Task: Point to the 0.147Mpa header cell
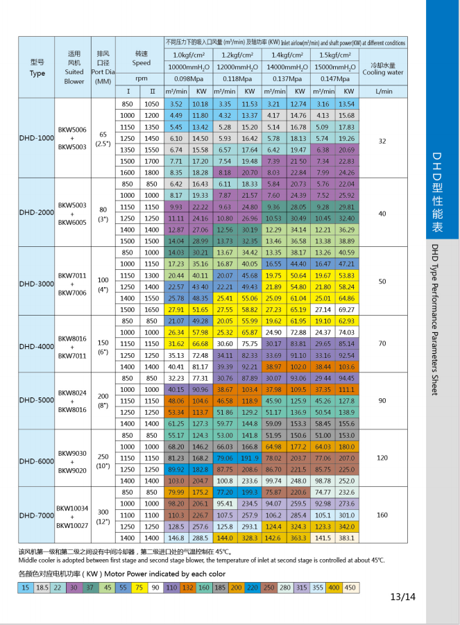click(x=337, y=78)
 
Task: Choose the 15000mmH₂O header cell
click(x=337, y=67)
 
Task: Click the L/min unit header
click(x=382, y=91)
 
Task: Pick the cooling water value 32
click(x=382, y=141)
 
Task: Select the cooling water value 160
click(x=382, y=515)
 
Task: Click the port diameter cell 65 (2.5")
click(x=103, y=139)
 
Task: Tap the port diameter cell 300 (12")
click(x=103, y=515)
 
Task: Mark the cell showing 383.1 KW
click(x=347, y=538)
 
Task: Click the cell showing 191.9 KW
click(x=250, y=459)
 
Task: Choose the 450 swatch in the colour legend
click(x=352, y=588)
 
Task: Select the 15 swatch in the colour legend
click(x=26, y=588)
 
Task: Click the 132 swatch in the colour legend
click(x=187, y=588)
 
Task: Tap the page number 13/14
click(x=402, y=597)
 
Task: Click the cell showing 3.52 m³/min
click(x=176, y=103)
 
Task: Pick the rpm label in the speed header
click(x=142, y=78)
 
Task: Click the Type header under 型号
click(x=37, y=73)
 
